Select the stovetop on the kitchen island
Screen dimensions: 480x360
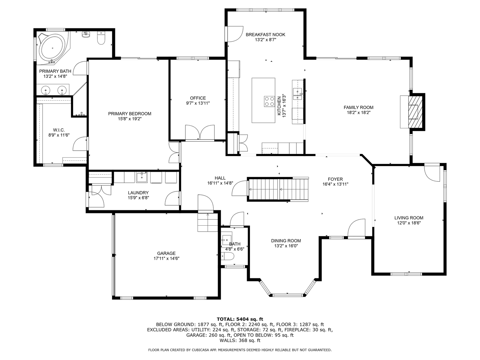click(x=269, y=101)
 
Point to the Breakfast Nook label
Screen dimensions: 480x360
click(x=265, y=35)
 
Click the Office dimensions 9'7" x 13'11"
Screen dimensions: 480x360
click(x=198, y=103)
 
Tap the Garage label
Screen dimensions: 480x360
click(x=166, y=253)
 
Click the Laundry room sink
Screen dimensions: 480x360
click(x=142, y=177)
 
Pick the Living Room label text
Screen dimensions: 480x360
click(x=409, y=218)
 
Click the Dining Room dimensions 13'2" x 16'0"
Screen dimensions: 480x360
click(x=286, y=246)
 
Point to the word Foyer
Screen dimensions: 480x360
click(x=335, y=179)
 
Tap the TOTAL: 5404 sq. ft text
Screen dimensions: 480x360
click(x=240, y=319)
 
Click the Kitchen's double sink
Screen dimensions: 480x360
click(x=297, y=94)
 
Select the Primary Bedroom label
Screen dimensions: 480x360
click(x=130, y=114)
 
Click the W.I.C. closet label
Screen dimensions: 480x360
click(x=59, y=130)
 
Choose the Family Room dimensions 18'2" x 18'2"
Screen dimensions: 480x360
click(x=358, y=113)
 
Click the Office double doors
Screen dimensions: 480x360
click(x=200, y=132)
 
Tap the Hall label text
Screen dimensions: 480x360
click(x=220, y=178)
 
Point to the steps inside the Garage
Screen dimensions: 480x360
click(x=208, y=222)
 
